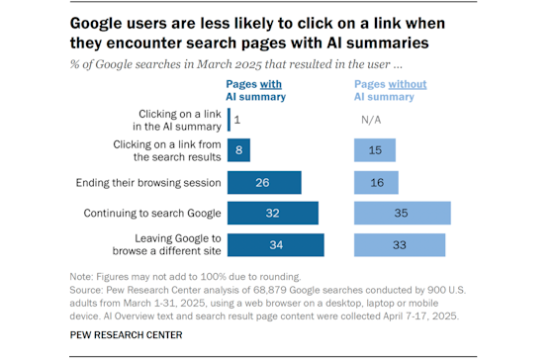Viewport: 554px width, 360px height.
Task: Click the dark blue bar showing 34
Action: [275, 244]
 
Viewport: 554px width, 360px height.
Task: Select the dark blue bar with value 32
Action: [272, 214]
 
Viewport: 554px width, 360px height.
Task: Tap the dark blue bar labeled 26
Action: [264, 183]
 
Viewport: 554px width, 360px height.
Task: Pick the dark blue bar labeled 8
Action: [238, 151]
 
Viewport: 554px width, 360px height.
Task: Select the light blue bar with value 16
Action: [377, 183]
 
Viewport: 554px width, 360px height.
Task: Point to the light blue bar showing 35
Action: [403, 214]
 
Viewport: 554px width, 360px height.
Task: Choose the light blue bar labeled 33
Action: [400, 244]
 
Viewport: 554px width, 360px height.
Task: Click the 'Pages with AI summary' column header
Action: [256, 90]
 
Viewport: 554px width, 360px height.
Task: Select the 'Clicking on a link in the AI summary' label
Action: [175, 120]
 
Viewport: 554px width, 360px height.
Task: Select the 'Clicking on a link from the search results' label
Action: [168, 151]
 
